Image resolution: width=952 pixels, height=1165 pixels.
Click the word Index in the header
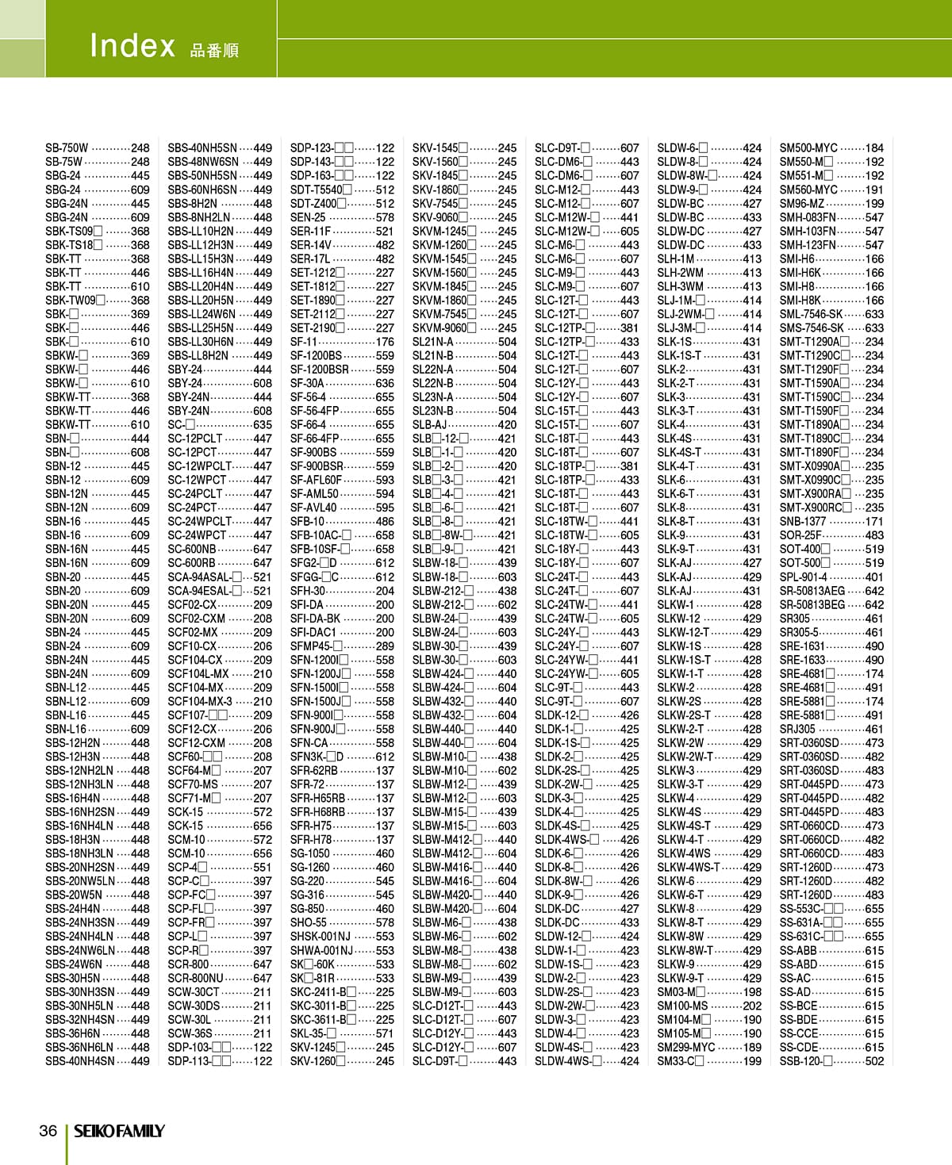pyautogui.click(x=132, y=45)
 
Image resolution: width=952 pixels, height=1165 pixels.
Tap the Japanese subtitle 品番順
pyautogui.click(x=214, y=51)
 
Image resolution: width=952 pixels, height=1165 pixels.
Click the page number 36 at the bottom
pyautogui.click(x=48, y=1130)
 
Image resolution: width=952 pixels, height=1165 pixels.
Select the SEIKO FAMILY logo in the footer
pyautogui.click(x=120, y=1131)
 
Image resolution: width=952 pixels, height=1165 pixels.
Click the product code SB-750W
pyautogui.click(x=67, y=148)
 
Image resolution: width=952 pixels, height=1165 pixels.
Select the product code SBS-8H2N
pyautogui.click(x=192, y=203)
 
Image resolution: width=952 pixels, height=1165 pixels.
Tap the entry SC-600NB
pyautogui.click(x=191, y=549)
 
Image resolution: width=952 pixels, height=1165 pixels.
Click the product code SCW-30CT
pyautogui.click(x=193, y=991)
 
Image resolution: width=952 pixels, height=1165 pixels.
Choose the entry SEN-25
pyautogui.click(x=308, y=217)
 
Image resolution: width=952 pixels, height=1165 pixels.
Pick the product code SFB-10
pyautogui.click(x=307, y=521)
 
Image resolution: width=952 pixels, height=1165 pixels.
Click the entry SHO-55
pyautogui.click(x=308, y=922)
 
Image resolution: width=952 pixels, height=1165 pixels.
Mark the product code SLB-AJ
pyautogui.click(x=429, y=424)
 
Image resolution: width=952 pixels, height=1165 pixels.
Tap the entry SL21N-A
pyautogui.click(x=432, y=342)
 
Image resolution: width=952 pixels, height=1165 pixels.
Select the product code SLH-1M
pyautogui.click(x=675, y=259)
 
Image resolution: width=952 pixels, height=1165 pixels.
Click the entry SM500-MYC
pyautogui.click(x=808, y=148)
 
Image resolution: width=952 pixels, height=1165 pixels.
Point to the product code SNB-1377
pyautogui.click(x=802, y=521)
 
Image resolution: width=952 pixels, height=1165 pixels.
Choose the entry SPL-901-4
pyautogui.click(x=803, y=577)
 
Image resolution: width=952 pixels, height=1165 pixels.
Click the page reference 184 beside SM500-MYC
pyautogui.click(x=874, y=148)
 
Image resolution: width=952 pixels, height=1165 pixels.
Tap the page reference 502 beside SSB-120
pyautogui.click(x=874, y=1060)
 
